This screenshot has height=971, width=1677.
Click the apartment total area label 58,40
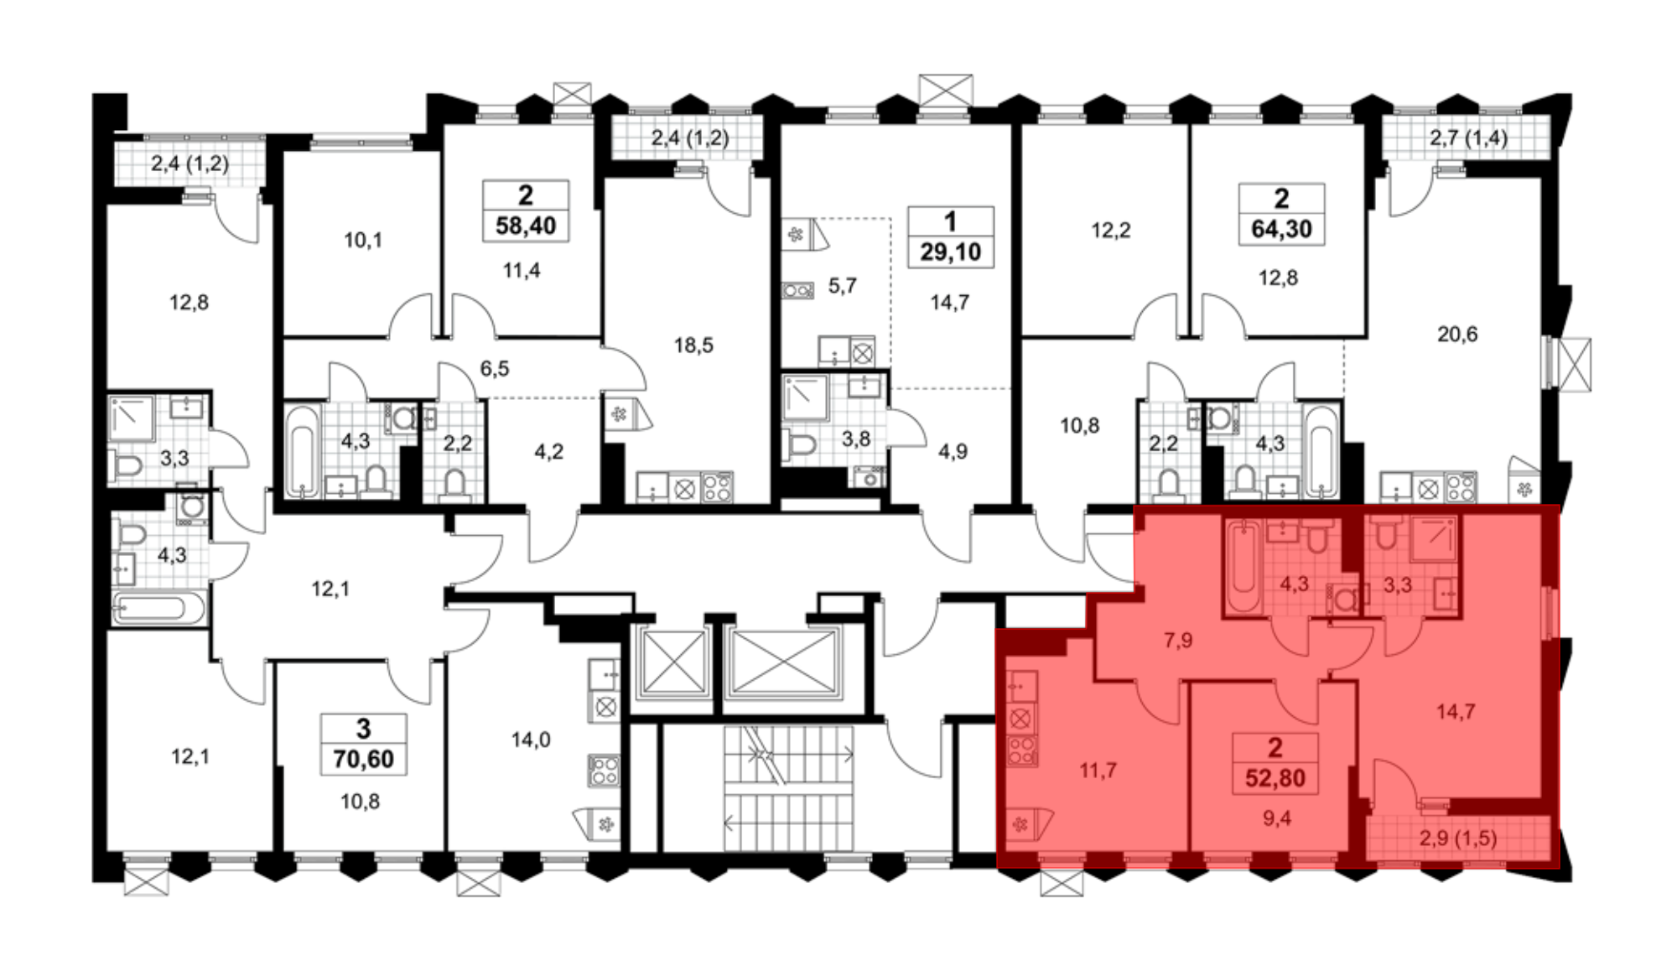(526, 226)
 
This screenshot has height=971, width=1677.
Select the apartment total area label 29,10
(950, 252)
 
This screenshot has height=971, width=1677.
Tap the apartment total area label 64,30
(1281, 229)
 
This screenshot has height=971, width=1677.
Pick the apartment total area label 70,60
(363, 759)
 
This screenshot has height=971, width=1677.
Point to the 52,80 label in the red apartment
(1275, 778)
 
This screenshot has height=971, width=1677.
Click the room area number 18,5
(693, 345)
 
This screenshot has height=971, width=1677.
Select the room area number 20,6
(1457, 335)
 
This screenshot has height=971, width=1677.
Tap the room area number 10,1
(362, 241)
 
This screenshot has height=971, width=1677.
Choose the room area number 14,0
(531, 740)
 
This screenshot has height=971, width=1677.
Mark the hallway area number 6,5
(495, 368)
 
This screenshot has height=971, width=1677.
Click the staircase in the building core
(788, 788)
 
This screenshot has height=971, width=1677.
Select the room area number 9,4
(1277, 818)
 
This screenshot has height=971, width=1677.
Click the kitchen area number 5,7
(842, 286)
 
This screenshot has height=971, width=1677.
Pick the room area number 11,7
(1098, 770)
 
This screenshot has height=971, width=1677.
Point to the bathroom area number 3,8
(856, 439)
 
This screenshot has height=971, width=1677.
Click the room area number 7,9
(1178, 641)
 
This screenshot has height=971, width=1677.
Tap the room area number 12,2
(1110, 230)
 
